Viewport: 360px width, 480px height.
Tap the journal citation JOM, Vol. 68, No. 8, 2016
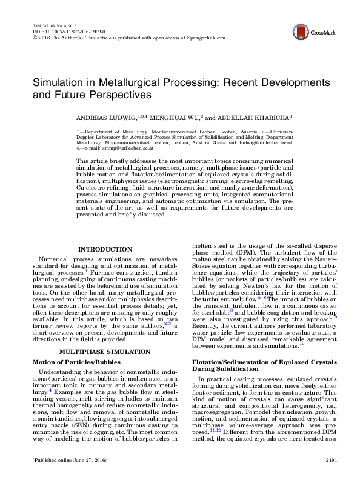54,25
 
